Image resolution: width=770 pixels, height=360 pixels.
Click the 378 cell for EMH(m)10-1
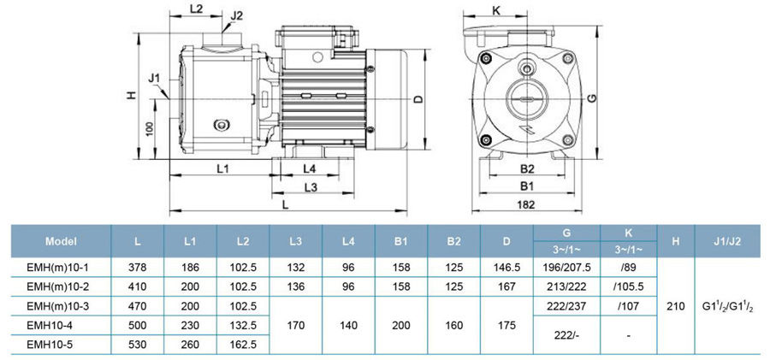139,267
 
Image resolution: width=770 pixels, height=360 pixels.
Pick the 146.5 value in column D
506,267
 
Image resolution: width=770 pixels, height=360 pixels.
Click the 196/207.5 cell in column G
566,267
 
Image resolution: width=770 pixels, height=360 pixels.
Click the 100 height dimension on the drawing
149,129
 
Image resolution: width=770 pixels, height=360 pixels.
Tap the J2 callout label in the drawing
237,15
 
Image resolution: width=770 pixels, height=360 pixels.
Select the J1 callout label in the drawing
154,79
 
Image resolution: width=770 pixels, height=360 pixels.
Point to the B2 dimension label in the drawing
527,168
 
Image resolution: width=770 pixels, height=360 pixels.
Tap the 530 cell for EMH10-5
139,345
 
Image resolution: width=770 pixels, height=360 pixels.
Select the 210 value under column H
676,305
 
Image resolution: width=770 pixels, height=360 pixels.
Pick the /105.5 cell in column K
628,286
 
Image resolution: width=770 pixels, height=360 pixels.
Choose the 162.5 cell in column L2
244,345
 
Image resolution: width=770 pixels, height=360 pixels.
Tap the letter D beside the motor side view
418,99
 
